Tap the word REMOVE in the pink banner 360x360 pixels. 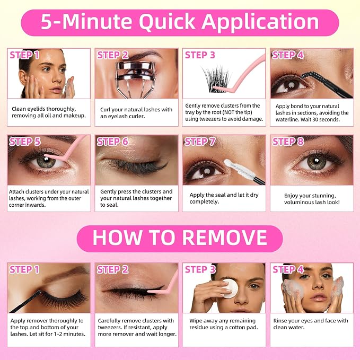pos(225,238)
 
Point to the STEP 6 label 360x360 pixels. pos(112,142)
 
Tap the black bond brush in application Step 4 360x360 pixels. pos(326,84)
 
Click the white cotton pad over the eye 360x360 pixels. pos(230,288)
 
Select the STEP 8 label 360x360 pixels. pos(288,142)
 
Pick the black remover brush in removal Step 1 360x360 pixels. pos(25,301)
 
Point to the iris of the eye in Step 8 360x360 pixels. pos(317,162)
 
